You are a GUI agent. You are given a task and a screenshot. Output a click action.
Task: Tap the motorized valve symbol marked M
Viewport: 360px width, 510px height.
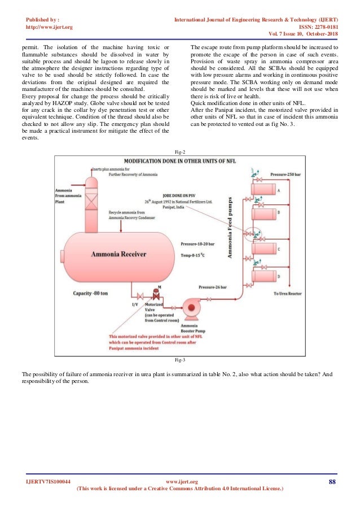156,295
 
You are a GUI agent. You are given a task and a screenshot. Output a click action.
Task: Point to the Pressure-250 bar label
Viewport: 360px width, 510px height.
285,175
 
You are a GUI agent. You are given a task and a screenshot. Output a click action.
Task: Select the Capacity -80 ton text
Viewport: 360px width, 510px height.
94,293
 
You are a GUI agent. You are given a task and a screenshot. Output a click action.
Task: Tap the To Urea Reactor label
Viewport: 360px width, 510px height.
287,294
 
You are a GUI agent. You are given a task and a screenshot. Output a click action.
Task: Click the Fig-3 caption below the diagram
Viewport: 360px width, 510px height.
180,360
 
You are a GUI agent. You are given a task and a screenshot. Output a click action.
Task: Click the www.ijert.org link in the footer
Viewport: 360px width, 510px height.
180,481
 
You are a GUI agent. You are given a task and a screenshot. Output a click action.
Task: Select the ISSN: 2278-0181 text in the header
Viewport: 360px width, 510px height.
318,27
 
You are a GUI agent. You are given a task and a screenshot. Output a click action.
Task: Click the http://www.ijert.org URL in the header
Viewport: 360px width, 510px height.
50,27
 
